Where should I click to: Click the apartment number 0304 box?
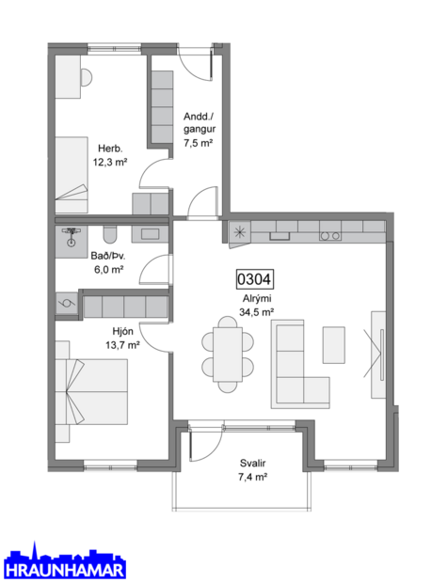pos(253,279)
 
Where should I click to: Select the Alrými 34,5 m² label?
pos(256,305)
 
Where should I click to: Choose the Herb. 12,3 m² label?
pos(110,153)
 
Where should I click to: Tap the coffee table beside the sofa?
pos(335,344)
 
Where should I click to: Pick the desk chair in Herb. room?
pos(86,76)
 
